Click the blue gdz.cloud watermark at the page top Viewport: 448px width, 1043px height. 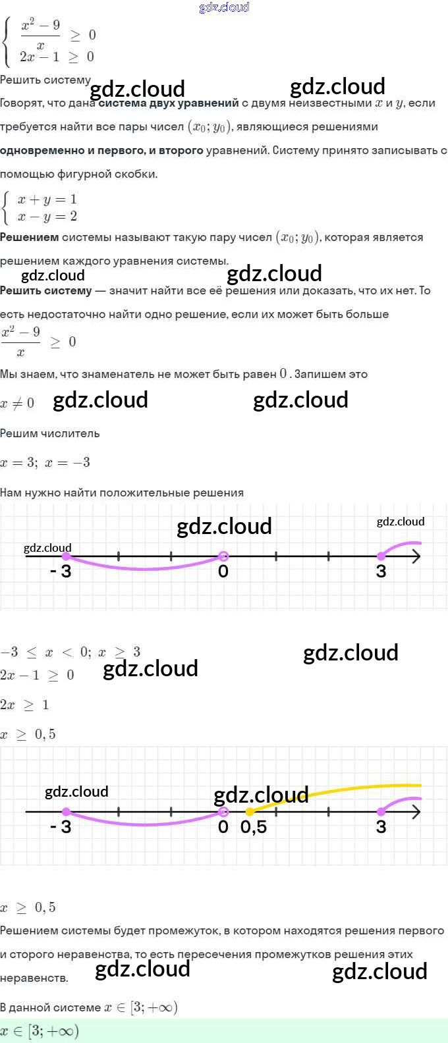pyautogui.click(x=224, y=7)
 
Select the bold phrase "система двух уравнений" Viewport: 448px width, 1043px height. pyautogui.click(x=169, y=103)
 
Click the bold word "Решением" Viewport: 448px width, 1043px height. pyautogui.click(x=29, y=237)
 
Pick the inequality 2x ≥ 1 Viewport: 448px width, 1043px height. pyautogui.click(x=24, y=705)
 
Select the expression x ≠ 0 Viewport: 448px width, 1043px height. pyautogui.click(x=17, y=403)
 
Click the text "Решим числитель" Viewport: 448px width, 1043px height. pyautogui.click(x=50, y=433)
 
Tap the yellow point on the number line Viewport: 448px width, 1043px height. pyautogui.click(x=250, y=812)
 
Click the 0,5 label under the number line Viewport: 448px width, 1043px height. pyautogui.click(x=254, y=827)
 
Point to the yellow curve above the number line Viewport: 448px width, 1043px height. pyautogui.click(x=356, y=789)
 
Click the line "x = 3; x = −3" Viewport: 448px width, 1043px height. pyautogui.click(x=45, y=462)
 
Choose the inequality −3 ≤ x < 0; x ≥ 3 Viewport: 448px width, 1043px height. pyautogui.click(x=70, y=652)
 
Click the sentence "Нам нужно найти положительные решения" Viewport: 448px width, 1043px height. pyautogui.click(x=122, y=493)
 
